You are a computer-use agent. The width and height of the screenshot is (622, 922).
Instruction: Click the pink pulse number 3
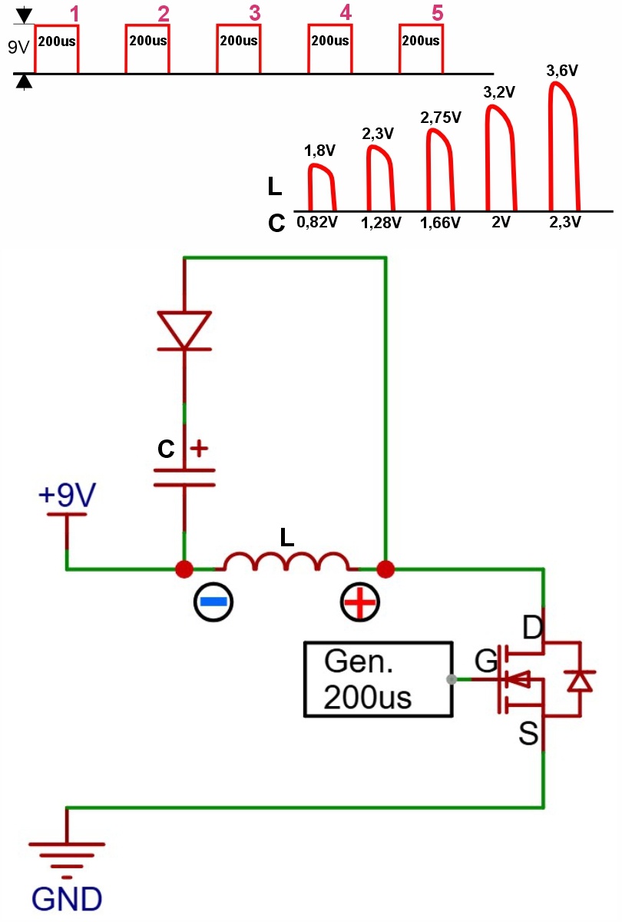pos(255,13)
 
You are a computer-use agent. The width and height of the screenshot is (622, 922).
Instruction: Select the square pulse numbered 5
pos(421,25)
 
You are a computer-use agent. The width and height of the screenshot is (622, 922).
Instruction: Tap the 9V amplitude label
pos(18,48)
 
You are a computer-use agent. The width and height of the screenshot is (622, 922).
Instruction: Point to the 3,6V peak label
pos(562,71)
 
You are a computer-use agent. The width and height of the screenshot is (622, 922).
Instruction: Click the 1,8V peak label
pos(319,151)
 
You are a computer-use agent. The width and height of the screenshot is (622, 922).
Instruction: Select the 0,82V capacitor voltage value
pos(316,222)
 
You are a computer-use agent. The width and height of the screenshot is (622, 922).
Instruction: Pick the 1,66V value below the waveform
pos(440,223)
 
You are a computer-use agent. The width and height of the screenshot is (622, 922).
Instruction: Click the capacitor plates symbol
pos(184,477)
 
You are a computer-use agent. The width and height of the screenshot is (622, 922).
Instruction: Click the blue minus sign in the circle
pos(213,602)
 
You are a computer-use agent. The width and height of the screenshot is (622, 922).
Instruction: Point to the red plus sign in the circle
pos(359,602)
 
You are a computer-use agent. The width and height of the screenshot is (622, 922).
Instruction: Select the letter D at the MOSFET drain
pos(533,628)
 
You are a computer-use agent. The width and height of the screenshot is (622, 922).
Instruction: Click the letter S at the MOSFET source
pos(528,733)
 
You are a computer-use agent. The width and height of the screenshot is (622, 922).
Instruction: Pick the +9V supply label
pos(67,494)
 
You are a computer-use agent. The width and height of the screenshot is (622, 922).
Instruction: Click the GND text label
pos(67,900)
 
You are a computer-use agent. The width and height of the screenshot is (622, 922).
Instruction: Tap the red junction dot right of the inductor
pos(385,569)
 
